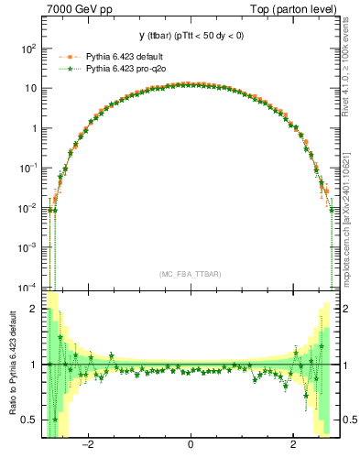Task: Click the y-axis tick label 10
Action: (29, 89)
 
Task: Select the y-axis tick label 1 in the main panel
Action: (33, 129)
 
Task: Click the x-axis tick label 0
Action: (190, 444)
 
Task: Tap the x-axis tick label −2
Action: (88, 444)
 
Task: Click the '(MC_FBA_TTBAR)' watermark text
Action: (190, 274)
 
